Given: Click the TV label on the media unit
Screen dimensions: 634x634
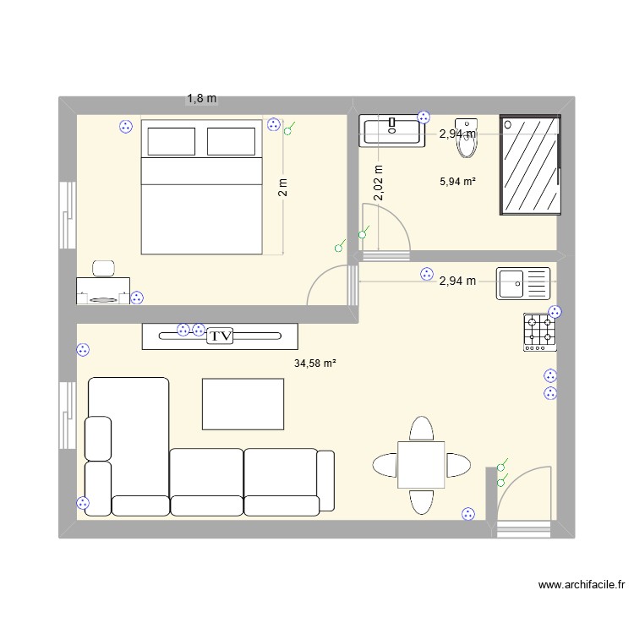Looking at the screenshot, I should tap(221, 336).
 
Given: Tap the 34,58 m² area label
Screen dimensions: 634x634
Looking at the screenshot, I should tap(315, 363).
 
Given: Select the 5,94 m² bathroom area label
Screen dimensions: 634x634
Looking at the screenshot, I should tap(457, 180).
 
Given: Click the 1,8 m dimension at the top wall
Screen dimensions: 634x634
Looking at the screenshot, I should tap(201, 99).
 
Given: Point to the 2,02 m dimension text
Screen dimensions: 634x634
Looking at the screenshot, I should tap(378, 183).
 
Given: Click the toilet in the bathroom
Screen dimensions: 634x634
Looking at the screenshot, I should tap(467, 140).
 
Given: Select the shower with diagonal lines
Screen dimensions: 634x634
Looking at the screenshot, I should tap(529, 164).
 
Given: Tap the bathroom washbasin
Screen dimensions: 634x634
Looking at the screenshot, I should tap(393, 131).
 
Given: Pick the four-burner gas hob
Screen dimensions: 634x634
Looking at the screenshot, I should tap(541, 332).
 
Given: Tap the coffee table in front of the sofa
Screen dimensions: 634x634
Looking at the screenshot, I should tap(243, 403).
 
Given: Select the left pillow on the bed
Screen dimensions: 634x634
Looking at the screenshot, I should tap(172, 141).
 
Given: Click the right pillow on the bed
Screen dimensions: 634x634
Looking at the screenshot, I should tap(231, 141).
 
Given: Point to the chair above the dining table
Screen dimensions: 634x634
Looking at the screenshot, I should tap(422, 429).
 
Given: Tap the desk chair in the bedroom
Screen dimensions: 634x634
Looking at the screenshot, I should tap(105, 268).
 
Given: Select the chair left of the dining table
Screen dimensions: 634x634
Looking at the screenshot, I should tap(385, 465).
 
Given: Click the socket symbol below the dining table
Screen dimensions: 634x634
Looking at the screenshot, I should tap(467, 513).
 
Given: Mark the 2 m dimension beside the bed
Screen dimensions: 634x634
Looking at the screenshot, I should tap(283, 186).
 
